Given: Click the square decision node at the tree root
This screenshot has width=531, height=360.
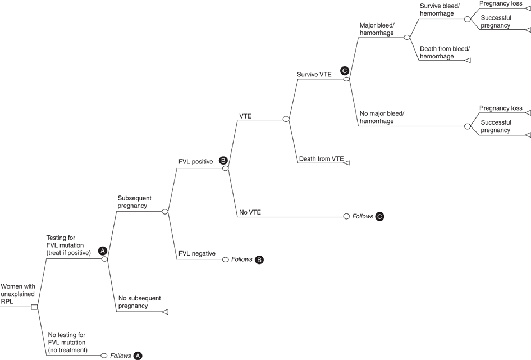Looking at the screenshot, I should click(x=35, y=307).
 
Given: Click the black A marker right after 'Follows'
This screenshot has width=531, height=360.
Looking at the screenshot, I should click(x=138, y=356).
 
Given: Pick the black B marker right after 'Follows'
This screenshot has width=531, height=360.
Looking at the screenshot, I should click(x=259, y=259).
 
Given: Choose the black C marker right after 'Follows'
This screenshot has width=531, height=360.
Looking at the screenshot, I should click(x=380, y=216).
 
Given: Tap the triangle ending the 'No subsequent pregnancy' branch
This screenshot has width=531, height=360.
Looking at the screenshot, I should click(x=165, y=312).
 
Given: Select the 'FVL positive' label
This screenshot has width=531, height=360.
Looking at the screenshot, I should click(x=195, y=162).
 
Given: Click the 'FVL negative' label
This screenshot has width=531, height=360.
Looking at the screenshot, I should click(x=196, y=253).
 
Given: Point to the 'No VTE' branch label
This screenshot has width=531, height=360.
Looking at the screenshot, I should click(x=250, y=212).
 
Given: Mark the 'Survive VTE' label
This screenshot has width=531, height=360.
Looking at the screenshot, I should click(x=314, y=74).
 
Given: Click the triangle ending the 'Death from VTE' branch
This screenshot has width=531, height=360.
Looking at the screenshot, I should click(x=346, y=162).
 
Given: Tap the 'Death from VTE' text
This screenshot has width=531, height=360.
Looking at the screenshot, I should click(x=321, y=159).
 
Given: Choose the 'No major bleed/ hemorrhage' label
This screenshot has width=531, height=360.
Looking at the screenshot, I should click(x=382, y=117).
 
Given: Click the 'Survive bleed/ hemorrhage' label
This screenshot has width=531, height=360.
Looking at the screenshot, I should click(x=440, y=10).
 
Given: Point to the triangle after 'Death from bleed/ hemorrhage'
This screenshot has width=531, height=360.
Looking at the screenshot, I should click(x=467, y=60).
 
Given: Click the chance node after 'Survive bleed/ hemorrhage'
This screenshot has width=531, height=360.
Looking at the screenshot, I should click(x=467, y=19).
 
